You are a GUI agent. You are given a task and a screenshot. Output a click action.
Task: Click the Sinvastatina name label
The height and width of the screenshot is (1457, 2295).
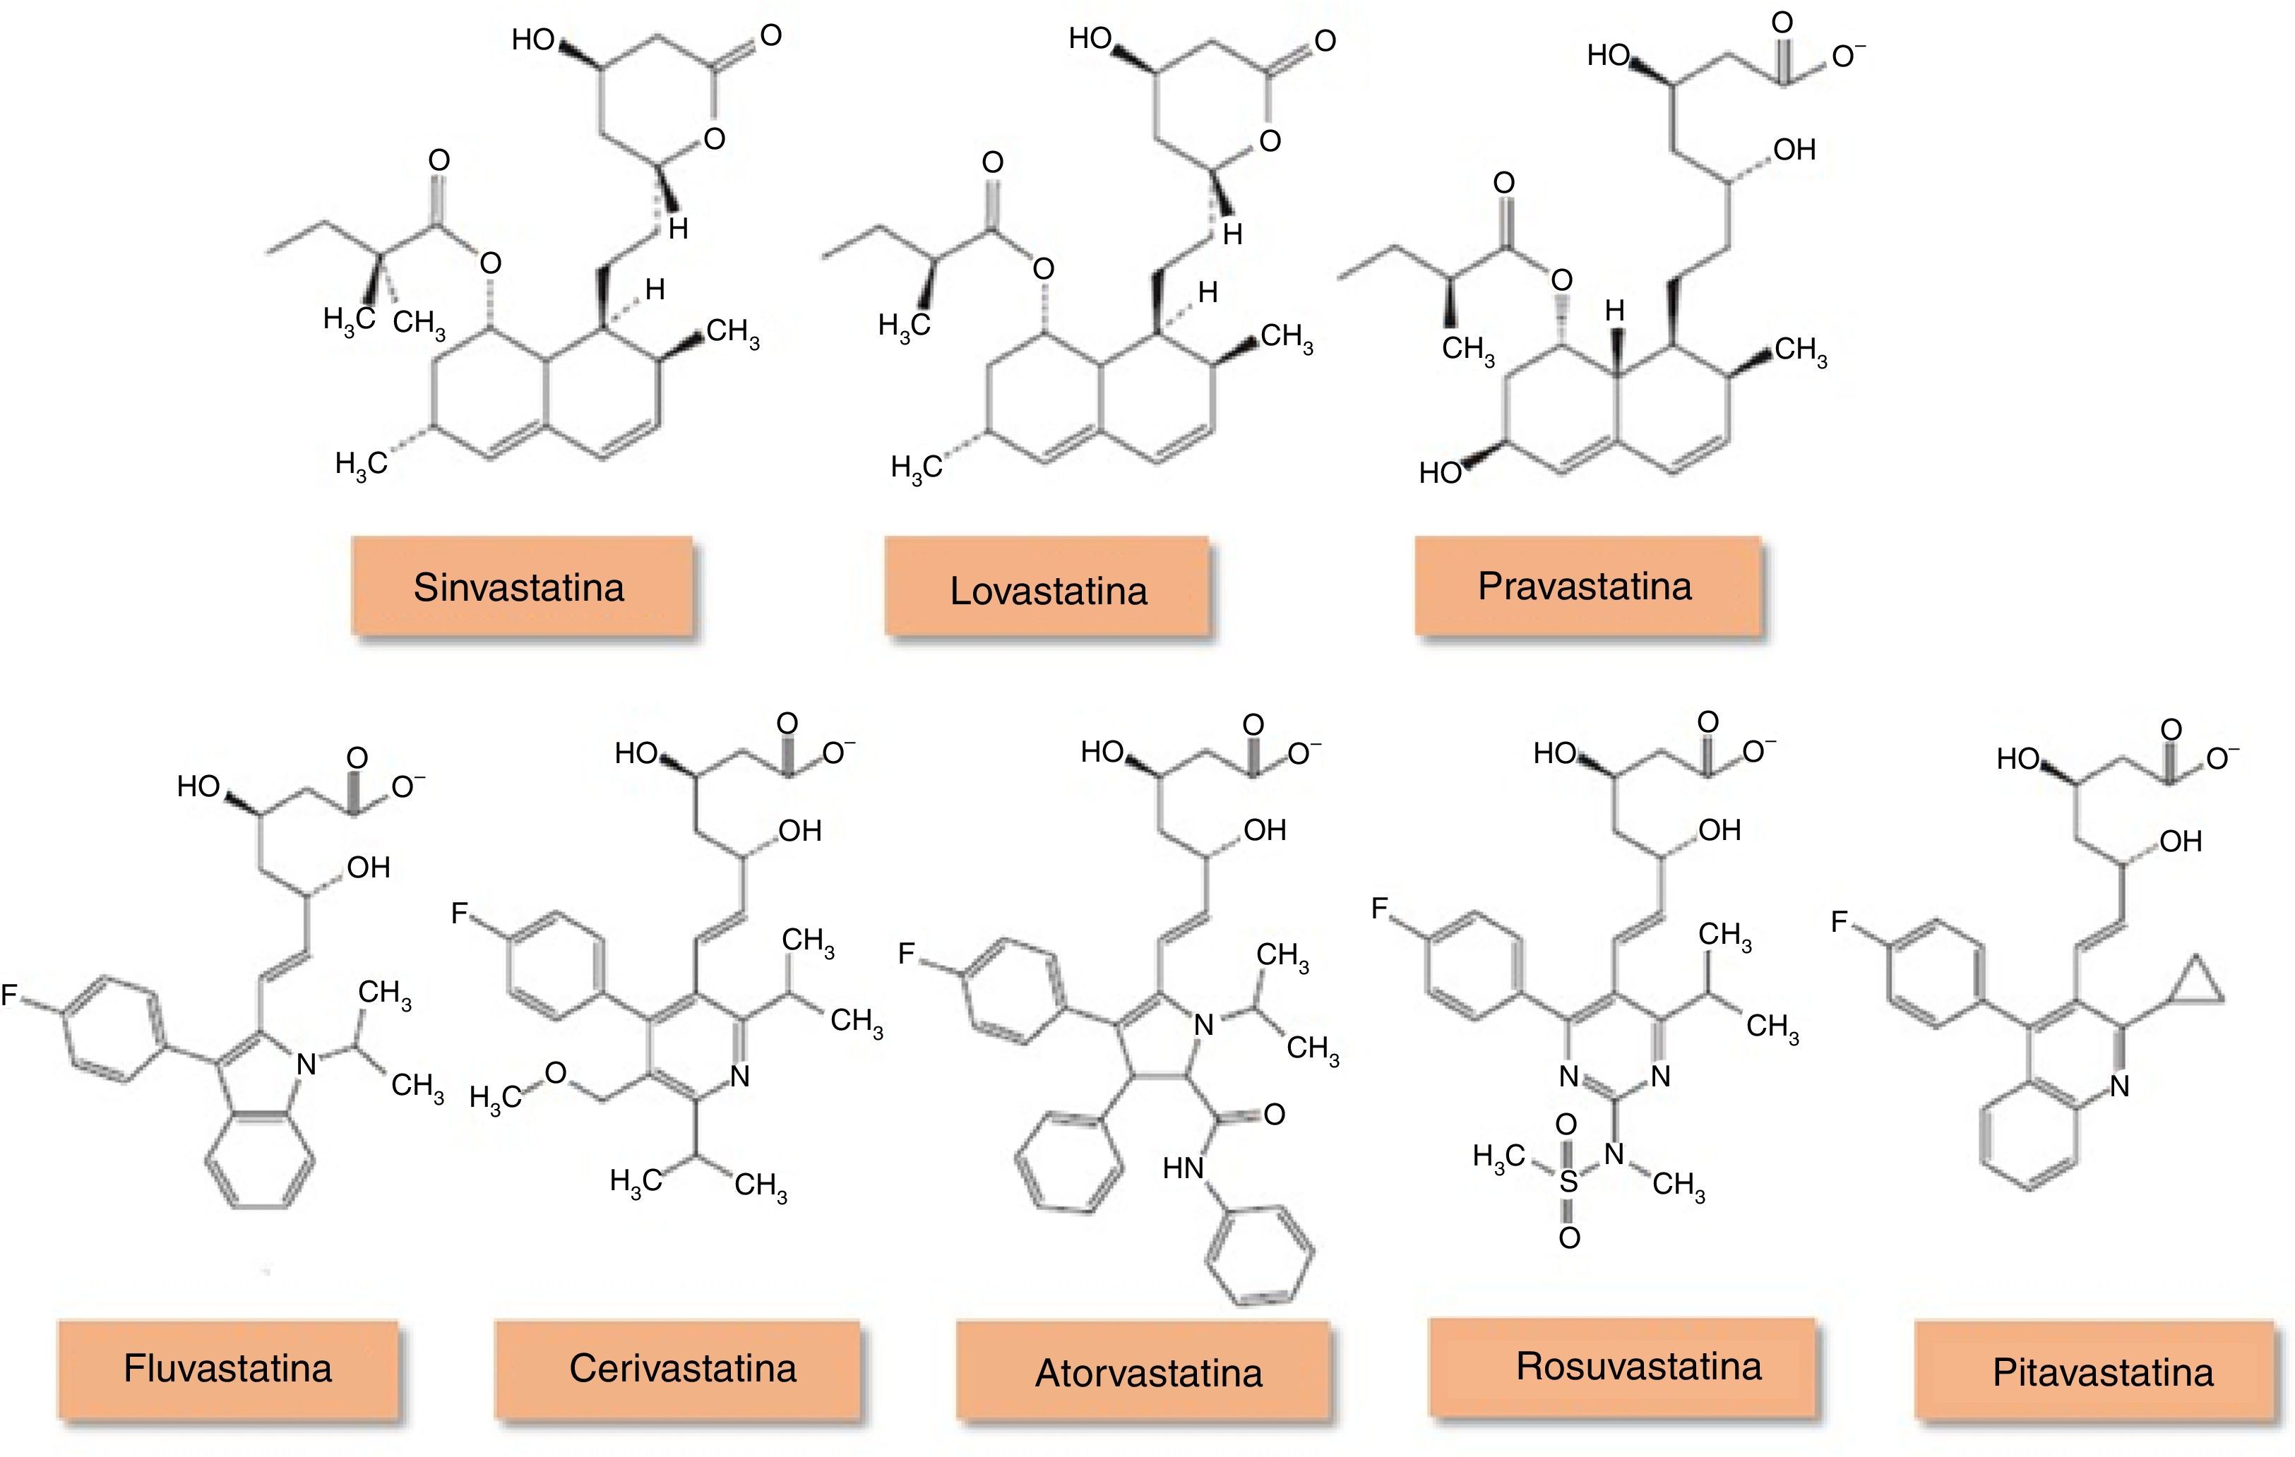(x=520, y=587)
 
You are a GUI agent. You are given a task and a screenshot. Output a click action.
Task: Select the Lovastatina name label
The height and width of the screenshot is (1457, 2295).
(x=1049, y=591)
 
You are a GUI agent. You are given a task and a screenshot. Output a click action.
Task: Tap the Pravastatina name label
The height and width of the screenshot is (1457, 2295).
(x=1585, y=586)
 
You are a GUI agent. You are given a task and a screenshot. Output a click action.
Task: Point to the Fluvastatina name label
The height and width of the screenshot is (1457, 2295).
(x=228, y=1368)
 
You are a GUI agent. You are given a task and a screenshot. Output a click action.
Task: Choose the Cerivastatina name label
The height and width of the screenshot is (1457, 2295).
(x=682, y=1368)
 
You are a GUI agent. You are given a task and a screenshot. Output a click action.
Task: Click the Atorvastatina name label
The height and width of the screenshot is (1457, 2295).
(x=1148, y=1372)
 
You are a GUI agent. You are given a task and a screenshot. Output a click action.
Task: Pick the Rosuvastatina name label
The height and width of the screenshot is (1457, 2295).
(x=1638, y=1367)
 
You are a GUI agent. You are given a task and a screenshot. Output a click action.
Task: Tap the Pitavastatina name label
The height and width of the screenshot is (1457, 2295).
(x=2102, y=1372)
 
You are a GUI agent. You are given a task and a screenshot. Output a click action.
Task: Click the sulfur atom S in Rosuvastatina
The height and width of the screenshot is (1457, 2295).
(x=1568, y=1182)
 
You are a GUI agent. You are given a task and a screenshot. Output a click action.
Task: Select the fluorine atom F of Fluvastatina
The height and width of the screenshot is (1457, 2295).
(x=9, y=996)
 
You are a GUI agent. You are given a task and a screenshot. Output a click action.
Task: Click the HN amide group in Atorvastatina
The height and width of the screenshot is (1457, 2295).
(x=1184, y=1168)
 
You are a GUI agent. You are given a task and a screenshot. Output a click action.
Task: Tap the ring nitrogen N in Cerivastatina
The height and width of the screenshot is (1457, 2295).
(x=739, y=1077)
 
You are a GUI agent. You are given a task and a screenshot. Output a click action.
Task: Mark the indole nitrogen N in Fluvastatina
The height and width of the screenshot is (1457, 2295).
(x=306, y=1063)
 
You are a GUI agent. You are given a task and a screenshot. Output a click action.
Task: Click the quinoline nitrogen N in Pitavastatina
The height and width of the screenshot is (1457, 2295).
(x=2118, y=1086)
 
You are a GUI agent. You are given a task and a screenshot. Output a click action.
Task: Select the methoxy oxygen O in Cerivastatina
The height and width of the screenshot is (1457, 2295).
(x=556, y=1073)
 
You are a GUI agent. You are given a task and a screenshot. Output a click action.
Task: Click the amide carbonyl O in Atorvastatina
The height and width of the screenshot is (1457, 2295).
(x=1275, y=1114)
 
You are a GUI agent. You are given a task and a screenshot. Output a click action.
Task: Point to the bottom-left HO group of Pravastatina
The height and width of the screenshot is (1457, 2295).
(x=1440, y=472)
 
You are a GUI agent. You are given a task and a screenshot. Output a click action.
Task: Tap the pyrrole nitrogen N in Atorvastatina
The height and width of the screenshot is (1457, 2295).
(x=1205, y=1024)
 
